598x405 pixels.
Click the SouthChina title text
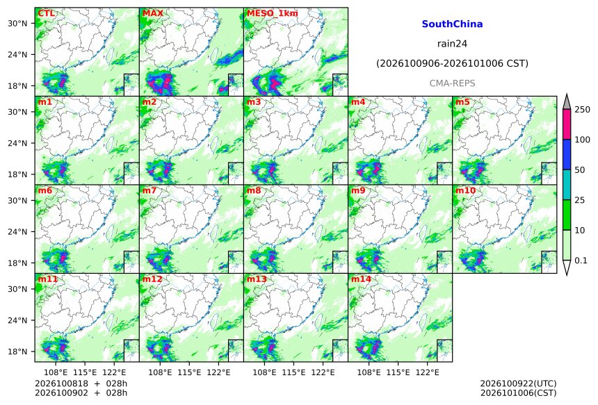point(452,24)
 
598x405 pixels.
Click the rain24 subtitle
point(452,44)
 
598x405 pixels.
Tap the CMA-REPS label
point(452,83)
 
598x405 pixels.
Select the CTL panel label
point(46,13)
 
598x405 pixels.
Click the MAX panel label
point(152,13)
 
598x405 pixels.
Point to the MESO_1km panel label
point(273,13)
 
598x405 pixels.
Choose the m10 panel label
point(466,190)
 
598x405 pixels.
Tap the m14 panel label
point(361,279)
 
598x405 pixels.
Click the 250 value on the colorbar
point(583,110)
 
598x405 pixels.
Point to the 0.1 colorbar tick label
point(581,261)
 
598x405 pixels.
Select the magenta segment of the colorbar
point(567,124)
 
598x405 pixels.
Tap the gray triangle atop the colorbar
point(567,102)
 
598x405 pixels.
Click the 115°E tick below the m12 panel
point(188,372)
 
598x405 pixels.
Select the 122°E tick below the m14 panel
point(427,372)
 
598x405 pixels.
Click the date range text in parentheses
point(452,63)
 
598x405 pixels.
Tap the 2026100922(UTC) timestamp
point(518,383)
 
